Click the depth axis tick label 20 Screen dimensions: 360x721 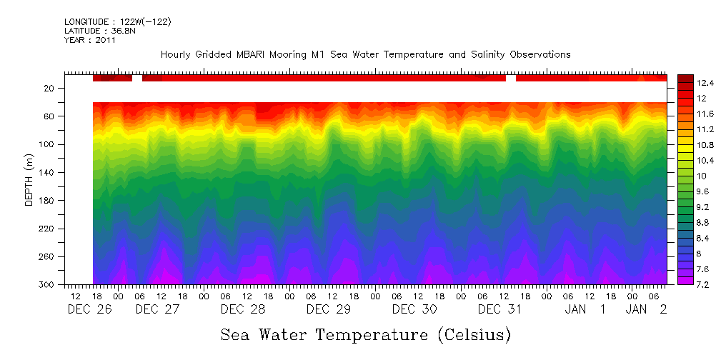point(50,88)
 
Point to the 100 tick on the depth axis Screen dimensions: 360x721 point(48,144)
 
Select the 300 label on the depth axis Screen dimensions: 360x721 point(48,285)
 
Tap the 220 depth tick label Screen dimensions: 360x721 point(48,229)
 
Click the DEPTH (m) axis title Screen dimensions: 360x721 point(29,179)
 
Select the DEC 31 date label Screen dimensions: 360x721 point(499,309)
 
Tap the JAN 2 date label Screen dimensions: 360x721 point(647,309)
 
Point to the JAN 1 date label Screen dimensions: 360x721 point(586,309)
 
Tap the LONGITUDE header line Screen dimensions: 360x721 point(117,22)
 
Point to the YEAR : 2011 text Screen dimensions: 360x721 point(90,40)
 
